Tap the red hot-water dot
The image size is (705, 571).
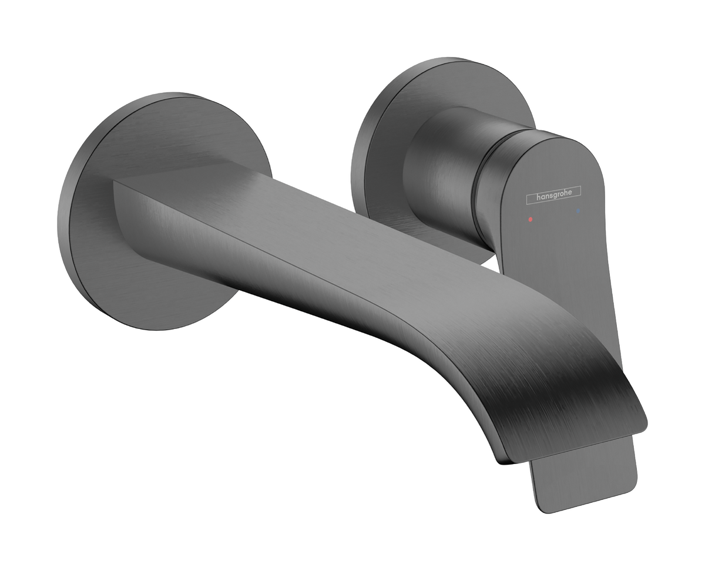[x=531, y=219]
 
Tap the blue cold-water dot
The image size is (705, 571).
[x=578, y=210]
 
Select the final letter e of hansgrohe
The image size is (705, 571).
[x=576, y=192]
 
